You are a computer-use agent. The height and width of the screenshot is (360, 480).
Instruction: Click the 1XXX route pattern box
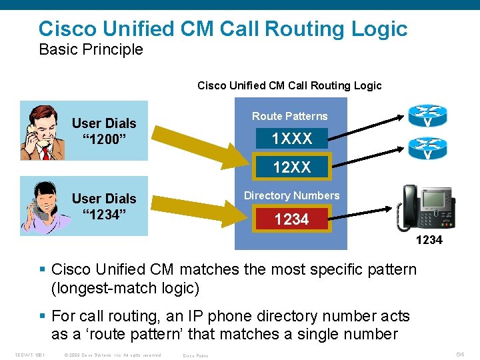click(291, 139)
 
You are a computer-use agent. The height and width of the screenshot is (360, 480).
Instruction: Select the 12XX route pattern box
click(291, 167)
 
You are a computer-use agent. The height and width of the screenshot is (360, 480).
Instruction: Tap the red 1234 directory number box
click(291, 219)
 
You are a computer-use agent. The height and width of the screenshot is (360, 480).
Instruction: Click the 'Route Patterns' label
click(290, 116)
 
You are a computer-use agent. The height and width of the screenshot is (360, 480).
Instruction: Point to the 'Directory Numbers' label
click(291, 195)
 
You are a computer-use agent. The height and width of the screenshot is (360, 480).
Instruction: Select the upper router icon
click(427, 116)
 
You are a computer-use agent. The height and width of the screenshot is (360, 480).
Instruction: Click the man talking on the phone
click(38, 131)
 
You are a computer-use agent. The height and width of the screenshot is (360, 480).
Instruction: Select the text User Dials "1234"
click(104, 207)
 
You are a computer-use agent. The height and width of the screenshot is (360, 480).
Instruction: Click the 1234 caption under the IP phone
click(429, 240)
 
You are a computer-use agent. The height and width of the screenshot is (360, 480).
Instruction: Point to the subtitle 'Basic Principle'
click(91, 49)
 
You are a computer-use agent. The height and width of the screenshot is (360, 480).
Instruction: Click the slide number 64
click(460, 355)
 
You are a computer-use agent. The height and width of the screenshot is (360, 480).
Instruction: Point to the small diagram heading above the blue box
click(289, 85)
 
